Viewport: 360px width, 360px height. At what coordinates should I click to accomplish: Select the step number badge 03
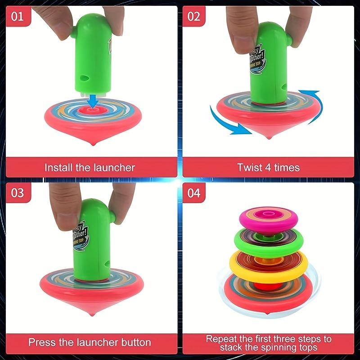point(17,193)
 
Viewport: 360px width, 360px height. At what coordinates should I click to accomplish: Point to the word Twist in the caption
point(250,168)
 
